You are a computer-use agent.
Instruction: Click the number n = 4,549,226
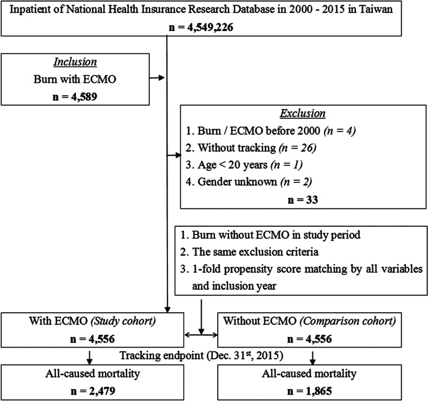pos(201,27)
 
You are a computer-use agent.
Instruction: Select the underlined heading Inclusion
pos(75,62)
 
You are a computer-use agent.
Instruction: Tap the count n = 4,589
pos(75,97)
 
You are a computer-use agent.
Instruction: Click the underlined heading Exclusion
pos(303,113)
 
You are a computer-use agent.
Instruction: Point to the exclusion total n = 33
pos(303,200)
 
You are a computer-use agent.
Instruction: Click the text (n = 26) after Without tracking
pos(297,148)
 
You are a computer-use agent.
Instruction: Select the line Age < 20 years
pos(244,165)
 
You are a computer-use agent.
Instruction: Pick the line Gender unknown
pos(249,182)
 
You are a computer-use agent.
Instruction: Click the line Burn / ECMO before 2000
pos(271,131)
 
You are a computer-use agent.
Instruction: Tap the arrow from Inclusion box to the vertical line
pos(157,78)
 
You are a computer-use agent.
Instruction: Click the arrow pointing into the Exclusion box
pos(174,156)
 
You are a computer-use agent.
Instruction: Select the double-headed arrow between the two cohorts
pos(201,335)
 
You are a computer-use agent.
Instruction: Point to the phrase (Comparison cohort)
pos(348,321)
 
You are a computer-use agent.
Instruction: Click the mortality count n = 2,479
pos(93,391)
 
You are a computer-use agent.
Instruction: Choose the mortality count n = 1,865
pos(310,391)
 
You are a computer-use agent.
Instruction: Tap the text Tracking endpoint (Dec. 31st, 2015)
pos(202,356)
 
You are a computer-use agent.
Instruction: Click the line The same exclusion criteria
pos(249,252)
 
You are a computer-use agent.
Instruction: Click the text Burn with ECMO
pos(75,79)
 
